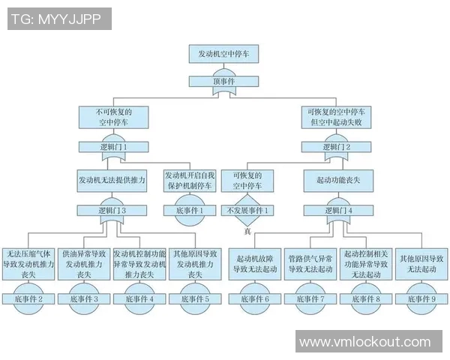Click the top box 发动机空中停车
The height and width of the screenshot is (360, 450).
225,55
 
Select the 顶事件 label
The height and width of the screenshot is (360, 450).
225,80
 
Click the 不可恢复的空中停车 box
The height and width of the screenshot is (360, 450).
112,117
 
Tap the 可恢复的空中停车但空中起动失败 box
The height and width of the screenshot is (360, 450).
335,117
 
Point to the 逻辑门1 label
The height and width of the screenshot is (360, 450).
112,147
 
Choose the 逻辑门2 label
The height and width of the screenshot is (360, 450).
335,147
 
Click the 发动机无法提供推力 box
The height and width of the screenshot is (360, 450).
112,181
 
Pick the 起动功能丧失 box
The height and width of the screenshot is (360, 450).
335,181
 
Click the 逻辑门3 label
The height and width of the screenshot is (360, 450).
112,211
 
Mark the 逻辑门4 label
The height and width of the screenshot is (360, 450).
335,211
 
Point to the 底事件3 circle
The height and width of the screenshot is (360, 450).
85,298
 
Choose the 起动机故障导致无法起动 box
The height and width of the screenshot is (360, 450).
255,264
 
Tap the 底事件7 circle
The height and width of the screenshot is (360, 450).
310,298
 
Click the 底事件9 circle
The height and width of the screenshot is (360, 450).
421,298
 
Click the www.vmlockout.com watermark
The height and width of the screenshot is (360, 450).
365,342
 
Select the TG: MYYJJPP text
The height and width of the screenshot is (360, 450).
58,19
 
